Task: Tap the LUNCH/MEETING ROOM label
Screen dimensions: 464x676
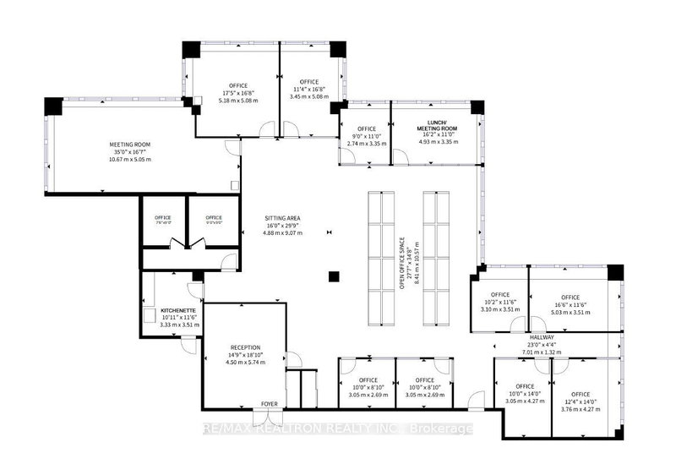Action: tap(438, 125)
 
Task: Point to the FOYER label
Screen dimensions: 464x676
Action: tap(270, 404)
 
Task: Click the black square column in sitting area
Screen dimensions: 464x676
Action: tap(335, 276)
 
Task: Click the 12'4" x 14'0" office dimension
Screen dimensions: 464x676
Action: tap(580, 401)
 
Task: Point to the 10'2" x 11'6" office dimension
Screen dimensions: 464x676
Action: tap(498, 304)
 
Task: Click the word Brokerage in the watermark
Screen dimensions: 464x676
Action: tap(441, 429)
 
